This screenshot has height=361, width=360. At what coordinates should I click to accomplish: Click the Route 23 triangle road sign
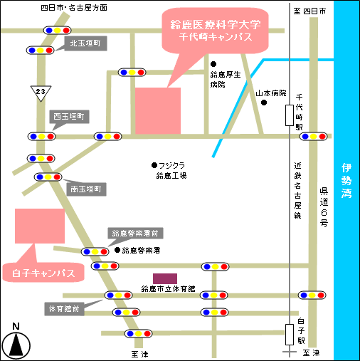[x=41, y=93]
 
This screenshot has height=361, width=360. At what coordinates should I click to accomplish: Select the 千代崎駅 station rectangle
[x=290, y=115]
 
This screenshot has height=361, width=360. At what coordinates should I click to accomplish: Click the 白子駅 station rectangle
[x=290, y=335]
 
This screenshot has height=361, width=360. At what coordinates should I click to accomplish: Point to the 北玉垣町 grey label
[x=85, y=43]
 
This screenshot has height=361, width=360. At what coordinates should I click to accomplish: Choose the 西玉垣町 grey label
[x=69, y=117]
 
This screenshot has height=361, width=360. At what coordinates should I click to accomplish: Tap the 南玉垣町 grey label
[x=86, y=189]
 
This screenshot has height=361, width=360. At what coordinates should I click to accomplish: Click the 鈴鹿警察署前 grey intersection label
[x=135, y=234]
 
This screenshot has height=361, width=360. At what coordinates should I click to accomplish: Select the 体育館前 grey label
[x=64, y=309]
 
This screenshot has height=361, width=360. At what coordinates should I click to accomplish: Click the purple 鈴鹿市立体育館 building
[x=165, y=278]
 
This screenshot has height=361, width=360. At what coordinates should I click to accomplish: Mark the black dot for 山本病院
[x=264, y=103]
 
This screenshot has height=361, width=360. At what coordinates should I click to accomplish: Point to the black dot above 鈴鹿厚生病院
[x=213, y=64]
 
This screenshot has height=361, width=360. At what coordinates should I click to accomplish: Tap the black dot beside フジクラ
[x=154, y=165]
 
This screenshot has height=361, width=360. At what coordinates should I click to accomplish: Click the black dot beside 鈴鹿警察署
[x=117, y=250]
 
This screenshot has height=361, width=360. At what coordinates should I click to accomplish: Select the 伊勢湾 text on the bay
[x=346, y=181]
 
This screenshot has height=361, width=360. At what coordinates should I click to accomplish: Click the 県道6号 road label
[x=324, y=207]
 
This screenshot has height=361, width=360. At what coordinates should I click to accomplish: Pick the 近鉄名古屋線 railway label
[x=297, y=190]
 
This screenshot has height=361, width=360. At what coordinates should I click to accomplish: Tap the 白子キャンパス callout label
[x=43, y=273]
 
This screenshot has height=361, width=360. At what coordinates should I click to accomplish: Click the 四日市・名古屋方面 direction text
[x=74, y=8]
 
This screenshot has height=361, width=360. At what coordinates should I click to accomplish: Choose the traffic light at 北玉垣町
[x=41, y=51]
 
